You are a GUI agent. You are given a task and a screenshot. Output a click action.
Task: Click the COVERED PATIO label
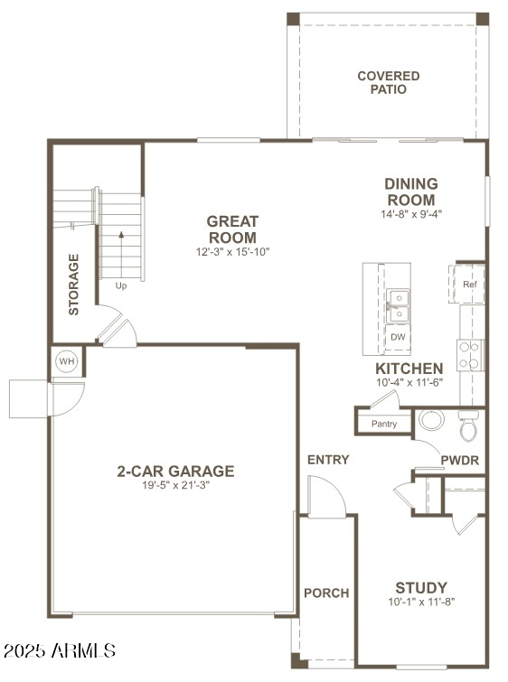click(x=388, y=83)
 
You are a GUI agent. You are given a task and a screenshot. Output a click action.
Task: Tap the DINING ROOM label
click(x=411, y=192)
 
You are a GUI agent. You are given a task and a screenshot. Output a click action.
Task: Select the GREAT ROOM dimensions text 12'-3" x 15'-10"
click(x=232, y=252)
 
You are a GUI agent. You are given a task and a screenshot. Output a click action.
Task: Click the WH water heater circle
click(x=67, y=361)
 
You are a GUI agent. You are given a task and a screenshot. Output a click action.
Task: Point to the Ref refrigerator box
click(x=469, y=284)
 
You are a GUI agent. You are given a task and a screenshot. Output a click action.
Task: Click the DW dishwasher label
click(x=398, y=337)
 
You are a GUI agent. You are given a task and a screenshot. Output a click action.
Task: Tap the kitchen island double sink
click(x=398, y=305)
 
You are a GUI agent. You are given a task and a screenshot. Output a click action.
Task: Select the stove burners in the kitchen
click(x=470, y=355)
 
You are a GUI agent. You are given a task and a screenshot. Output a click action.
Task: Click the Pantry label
click(x=384, y=424)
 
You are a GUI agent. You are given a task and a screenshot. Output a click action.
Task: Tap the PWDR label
click(x=459, y=460)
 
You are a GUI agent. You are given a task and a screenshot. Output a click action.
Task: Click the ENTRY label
click(x=328, y=460)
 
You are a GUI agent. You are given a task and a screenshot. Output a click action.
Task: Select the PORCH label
click(x=326, y=593)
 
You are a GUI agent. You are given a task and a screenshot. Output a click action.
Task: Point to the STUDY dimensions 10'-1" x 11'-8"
click(x=420, y=602)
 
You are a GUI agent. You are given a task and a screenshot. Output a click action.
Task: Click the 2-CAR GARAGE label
click(x=175, y=471)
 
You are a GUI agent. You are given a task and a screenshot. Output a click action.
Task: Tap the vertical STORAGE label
click(x=74, y=284)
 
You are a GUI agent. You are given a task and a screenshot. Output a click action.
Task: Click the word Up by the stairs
click(x=121, y=285)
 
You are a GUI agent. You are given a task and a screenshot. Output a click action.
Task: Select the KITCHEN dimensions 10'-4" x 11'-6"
click(x=409, y=383)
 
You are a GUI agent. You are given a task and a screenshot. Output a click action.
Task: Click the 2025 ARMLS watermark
click(x=60, y=650)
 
